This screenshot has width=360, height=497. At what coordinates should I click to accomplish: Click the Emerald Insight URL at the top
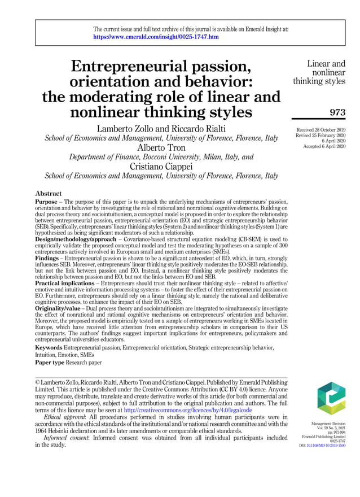pos(156,37)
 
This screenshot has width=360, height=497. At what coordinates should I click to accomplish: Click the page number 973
pos(337,112)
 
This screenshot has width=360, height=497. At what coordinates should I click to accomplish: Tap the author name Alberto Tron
pos(161,148)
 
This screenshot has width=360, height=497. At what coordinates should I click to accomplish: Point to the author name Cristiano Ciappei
pos(161,167)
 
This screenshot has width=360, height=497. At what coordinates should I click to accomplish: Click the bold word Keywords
pos(49,347)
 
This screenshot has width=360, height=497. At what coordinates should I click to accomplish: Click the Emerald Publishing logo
pos(331,398)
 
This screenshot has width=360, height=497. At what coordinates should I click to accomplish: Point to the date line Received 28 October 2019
pos(321,130)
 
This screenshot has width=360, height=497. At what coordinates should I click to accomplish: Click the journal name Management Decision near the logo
pos(331,423)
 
